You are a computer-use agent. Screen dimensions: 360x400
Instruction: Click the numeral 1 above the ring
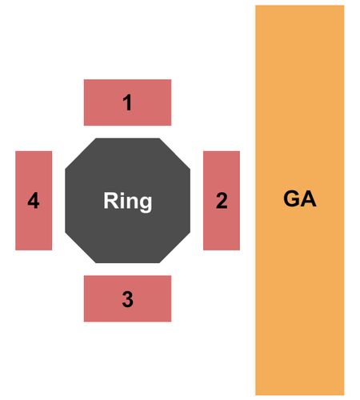128,102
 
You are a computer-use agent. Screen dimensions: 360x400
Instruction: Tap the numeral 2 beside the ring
222,200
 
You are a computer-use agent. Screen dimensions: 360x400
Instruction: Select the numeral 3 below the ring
127,299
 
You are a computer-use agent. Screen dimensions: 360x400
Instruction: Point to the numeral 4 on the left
34,200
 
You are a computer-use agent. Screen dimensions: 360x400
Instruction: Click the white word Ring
128,202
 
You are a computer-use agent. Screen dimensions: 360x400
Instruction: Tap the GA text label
300,198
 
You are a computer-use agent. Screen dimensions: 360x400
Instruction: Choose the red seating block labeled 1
127,102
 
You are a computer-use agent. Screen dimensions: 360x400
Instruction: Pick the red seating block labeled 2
222,201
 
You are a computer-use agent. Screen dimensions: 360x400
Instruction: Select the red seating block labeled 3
127,298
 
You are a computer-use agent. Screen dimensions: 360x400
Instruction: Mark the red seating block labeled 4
34,201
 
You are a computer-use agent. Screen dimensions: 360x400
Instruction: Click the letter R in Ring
110,200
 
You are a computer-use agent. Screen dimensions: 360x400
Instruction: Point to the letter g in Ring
146,204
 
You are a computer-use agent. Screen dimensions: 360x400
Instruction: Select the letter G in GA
291,198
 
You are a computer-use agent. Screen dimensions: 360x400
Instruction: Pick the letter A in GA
309,198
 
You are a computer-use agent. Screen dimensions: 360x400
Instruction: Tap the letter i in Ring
122,200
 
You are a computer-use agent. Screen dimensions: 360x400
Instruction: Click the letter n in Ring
131,202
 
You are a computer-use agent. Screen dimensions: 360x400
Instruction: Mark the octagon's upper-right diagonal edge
175,154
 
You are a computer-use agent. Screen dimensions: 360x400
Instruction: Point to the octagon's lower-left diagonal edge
80,247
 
